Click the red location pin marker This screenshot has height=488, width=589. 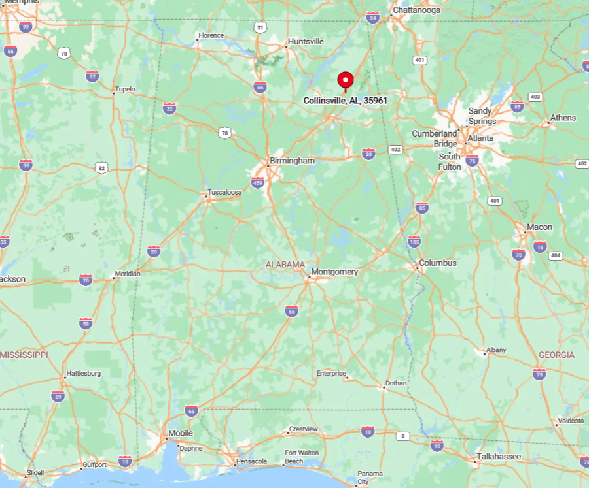pos(346,80)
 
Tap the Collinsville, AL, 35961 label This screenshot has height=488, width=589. pos(346,101)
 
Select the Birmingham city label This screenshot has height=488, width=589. pos(292,161)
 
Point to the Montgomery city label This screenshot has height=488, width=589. pos(334,272)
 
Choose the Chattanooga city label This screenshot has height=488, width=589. pos(416,10)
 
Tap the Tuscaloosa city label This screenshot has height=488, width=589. pos(224,193)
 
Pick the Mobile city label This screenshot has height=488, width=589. pos(181,433)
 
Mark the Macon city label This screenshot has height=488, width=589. pos(540,227)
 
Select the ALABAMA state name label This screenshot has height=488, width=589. pos(285,265)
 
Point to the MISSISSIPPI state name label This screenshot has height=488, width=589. pos(24,355)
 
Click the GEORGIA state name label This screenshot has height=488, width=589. pos(556,355)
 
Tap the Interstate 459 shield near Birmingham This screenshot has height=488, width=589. pos(258,182)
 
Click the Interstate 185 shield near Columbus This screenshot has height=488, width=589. pos(414,242)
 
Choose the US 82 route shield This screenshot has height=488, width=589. pos(101,168)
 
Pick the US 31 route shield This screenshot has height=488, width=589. pos(260,27)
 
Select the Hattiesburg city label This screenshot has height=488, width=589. pos(84,374)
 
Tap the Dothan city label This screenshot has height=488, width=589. pos(396,383)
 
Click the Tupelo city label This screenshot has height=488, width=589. pos(125,89)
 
